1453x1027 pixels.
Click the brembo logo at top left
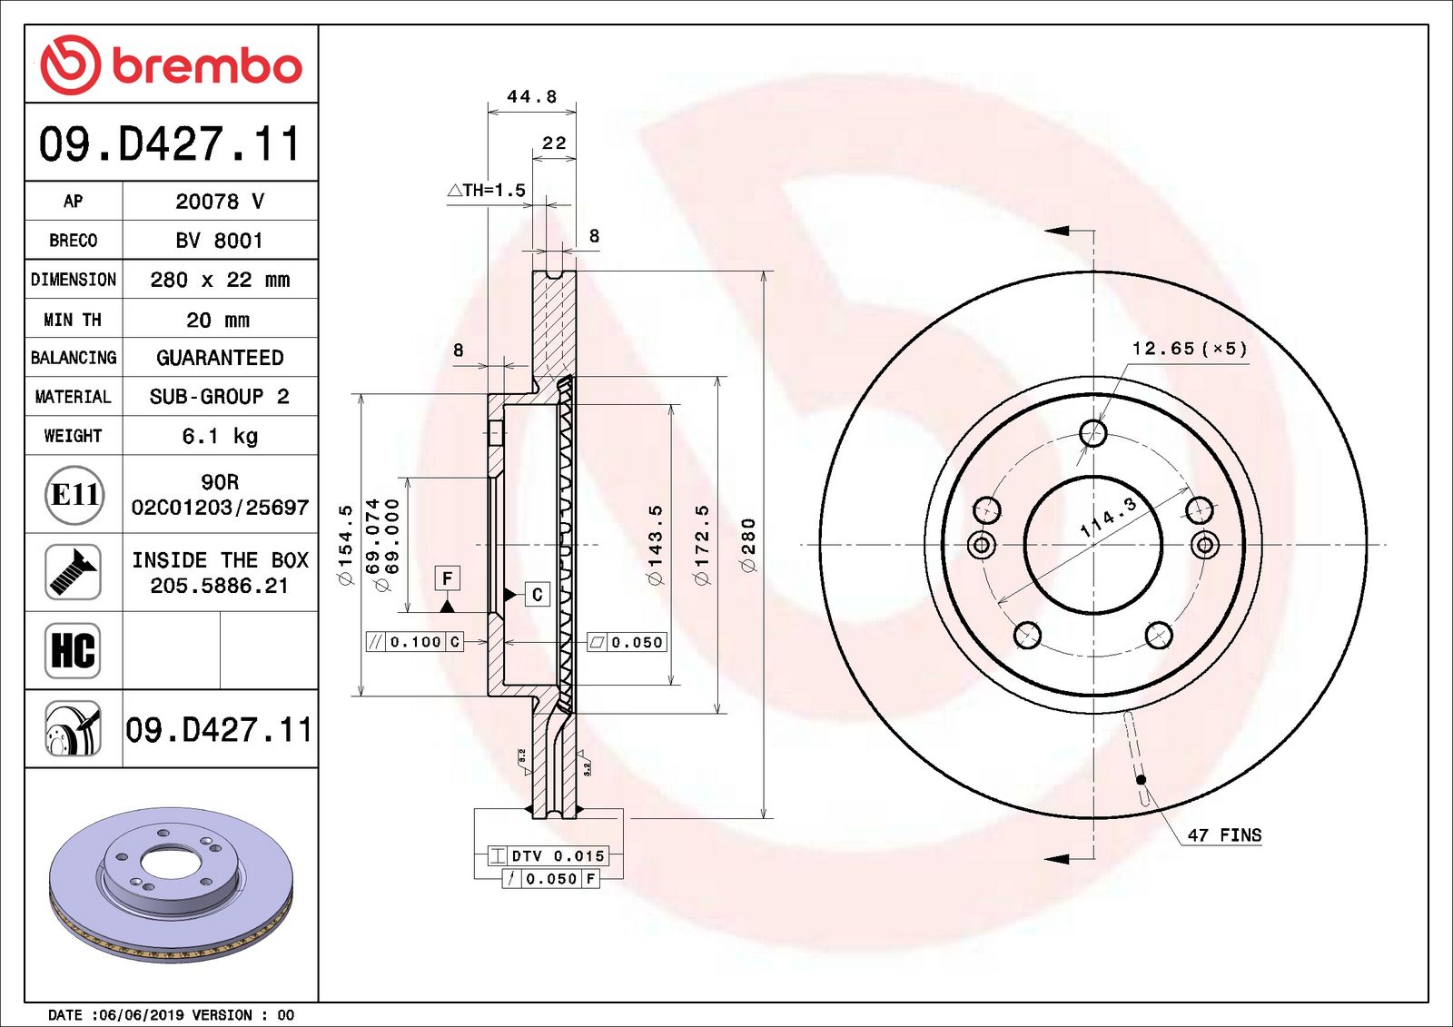click(x=171, y=65)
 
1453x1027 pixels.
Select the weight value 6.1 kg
click(x=220, y=436)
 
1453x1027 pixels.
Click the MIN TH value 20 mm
click(x=218, y=320)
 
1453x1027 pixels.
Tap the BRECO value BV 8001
click(x=219, y=241)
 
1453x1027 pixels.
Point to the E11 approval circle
click(x=74, y=495)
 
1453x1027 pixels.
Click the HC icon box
click(x=73, y=650)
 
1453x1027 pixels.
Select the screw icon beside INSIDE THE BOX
click(x=73, y=572)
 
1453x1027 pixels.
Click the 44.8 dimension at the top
click(x=531, y=96)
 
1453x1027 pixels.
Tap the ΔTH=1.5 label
click(x=488, y=191)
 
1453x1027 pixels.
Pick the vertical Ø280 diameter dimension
click(x=748, y=545)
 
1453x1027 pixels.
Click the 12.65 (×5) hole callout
click(x=1189, y=349)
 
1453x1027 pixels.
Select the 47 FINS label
click(x=1224, y=835)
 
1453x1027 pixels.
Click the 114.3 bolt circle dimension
click(x=1108, y=518)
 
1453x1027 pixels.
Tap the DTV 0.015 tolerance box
click(x=549, y=855)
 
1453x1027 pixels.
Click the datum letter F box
click(x=447, y=578)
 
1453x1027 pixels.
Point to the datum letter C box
click(x=537, y=595)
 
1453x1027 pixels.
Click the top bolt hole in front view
click(x=1093, y=433)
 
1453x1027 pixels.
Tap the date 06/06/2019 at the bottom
click(x=134, y=1015)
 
